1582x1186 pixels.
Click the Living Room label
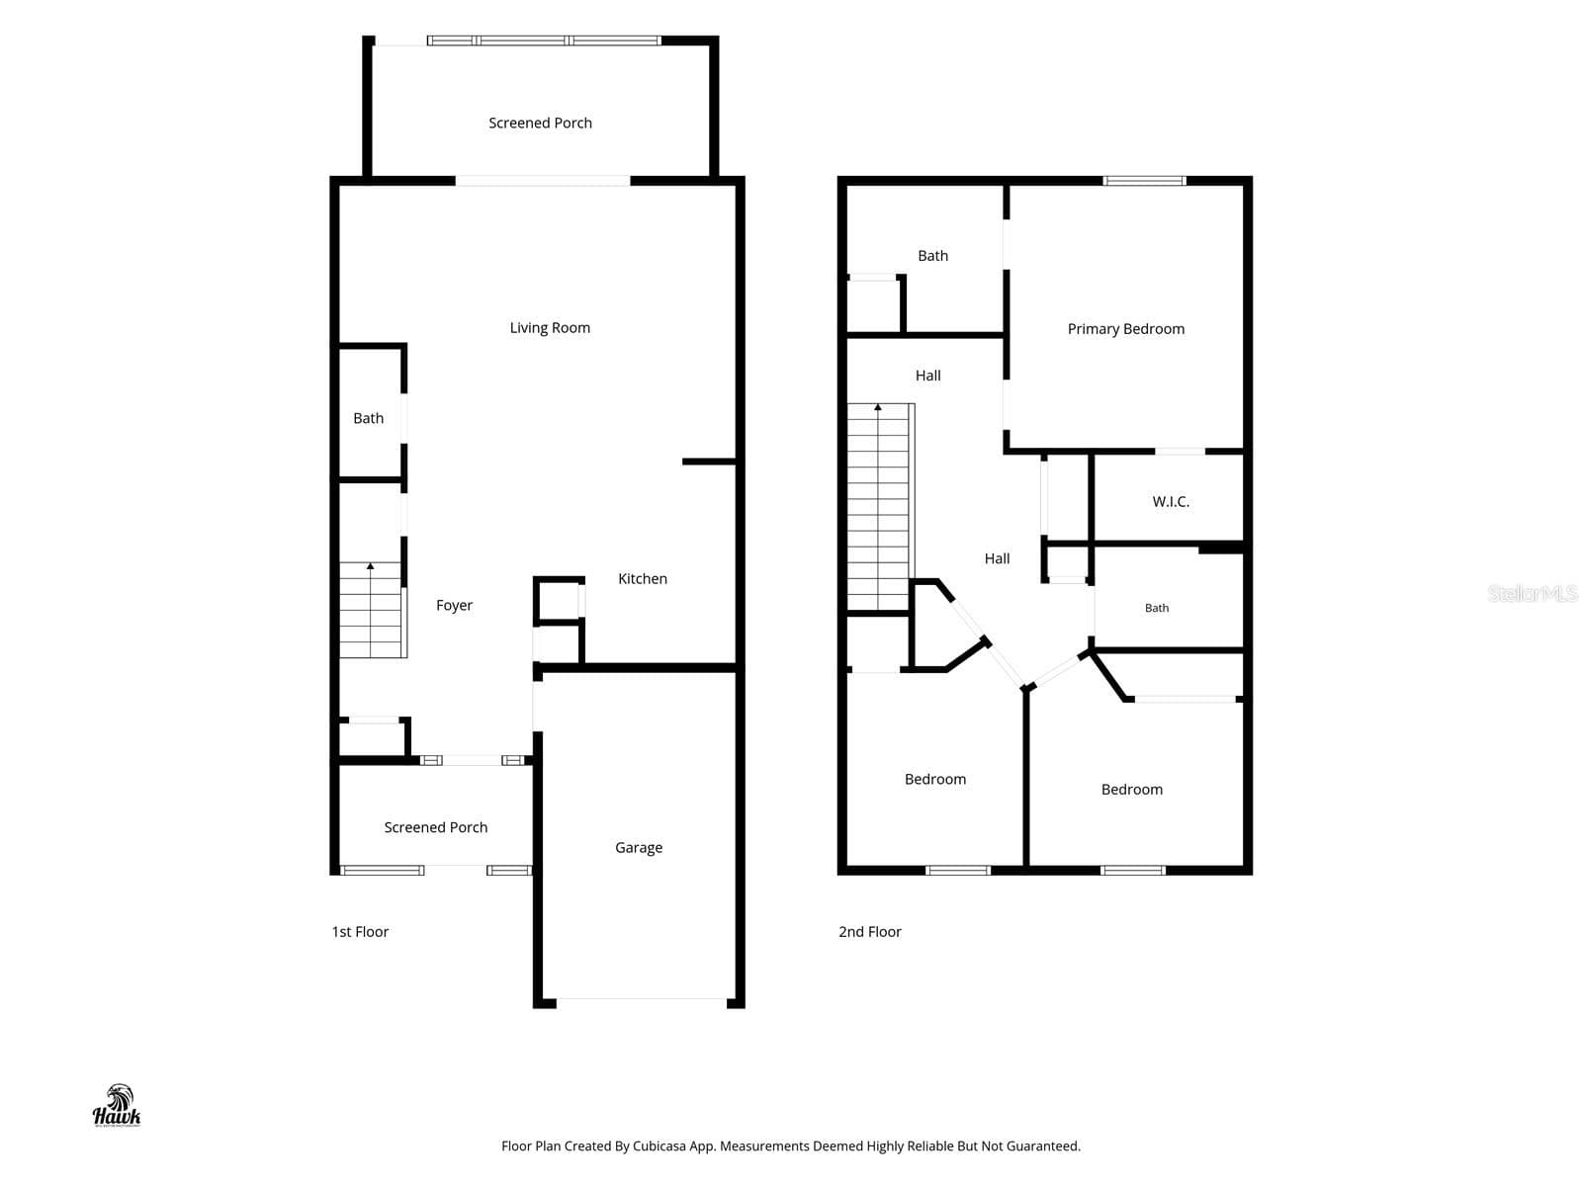click(x=549, y=328)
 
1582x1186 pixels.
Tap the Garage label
click(x=638, y=848)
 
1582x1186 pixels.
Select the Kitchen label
click(x=642, y=578)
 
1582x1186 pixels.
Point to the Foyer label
click(x=454, y=606)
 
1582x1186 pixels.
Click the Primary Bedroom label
click(x=1125, y=329)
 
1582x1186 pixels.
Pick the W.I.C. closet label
click(x=1171, y=502)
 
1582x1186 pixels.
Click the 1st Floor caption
click(x=360, y=932)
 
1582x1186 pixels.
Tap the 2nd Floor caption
click(x=869, y=932)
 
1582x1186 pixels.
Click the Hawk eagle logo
click(x=117, y=1105)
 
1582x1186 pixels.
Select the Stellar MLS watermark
click(x=1533, y=593)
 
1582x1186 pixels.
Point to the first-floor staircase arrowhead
click(x=371, y=566)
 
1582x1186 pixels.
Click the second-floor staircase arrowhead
click(x=877, y=407)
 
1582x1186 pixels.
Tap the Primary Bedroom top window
click(x=1144, y=181)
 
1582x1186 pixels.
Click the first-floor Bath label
click(x=368, y=418)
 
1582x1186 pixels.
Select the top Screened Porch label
click(x=540, y=124)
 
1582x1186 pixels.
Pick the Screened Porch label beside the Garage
click(x=435, y=827)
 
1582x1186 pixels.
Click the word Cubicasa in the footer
click(x=659, y=1145)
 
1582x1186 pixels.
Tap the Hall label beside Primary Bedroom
click(x=927, y=376)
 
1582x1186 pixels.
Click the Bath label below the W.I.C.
click(x=1156, y=608)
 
